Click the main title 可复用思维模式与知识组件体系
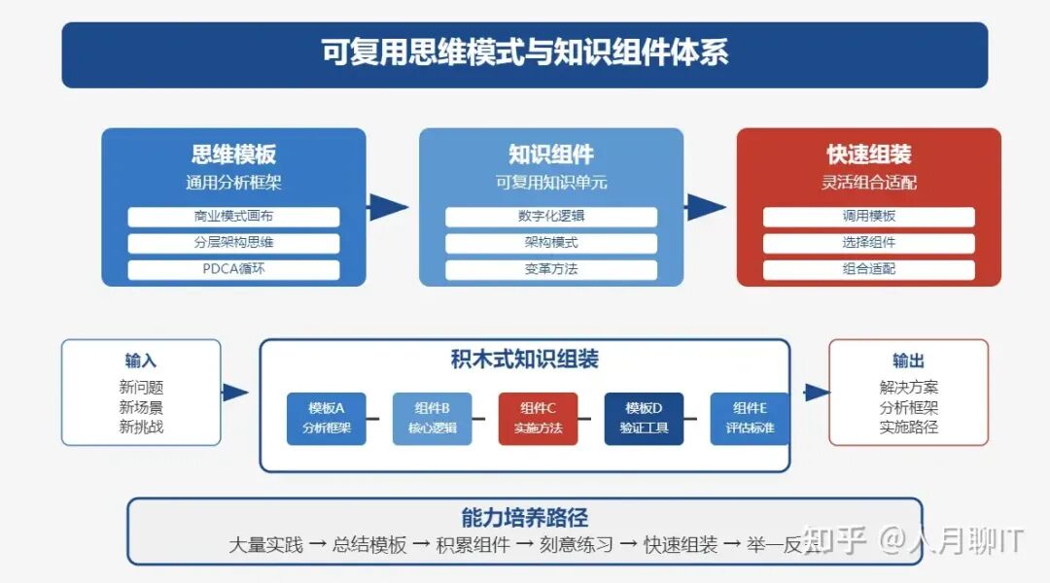pyautogui.click(x=525, y=52)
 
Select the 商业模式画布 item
pyautogui.click(x=233, y=217)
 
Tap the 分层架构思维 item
pyautogui.click(x=233, y=243)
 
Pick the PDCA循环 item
pyautogui.click(x=233, y=269)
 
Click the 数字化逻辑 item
pyautogui.click(x=551, y=217)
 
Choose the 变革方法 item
pyautogui.click(x=551, y=269)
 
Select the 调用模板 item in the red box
pyautogui.click(x=868, y=217)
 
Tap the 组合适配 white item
pyautogui.click(x=868, y=269)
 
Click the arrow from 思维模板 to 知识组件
pyautogui.click(x=389, y=206)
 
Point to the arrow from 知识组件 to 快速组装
pyautogui.click(x=706, y=206)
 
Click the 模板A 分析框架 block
pyautogui.click(x=327, y=419)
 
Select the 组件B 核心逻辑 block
pyautogui.click(x=432, y=419)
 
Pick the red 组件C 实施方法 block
pyautogui.click(x=538, y=419)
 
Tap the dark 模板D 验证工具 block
pyautogui.click(x=644, y=419)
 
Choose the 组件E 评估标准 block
pyautogui.click(x=750, y=419)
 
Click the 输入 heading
pyautogui.click(x=141, y=360)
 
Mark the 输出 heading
pyautogui.click(x=908, y=360)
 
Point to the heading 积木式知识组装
pyautogui.click(x=525, y=360)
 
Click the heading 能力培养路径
pyautogui.click(x=525, y=518)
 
